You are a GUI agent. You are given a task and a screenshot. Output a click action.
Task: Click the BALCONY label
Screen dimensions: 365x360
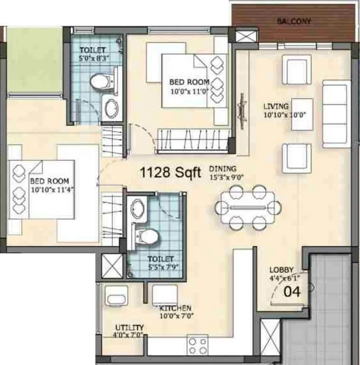[x=294, y=21]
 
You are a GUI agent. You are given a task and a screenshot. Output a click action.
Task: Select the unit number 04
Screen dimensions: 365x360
[x=292, y=292]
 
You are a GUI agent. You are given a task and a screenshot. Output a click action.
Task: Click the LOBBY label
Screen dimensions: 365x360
[x=282, y=269]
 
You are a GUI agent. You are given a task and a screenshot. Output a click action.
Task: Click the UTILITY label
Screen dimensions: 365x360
[x=129, y=328]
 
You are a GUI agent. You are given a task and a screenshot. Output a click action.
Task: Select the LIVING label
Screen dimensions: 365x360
[x=276, y=106]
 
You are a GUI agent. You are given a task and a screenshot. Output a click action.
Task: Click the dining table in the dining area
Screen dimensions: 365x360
[x=247, y=207]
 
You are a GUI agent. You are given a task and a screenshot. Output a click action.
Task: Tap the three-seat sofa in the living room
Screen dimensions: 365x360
[x=336, y=114]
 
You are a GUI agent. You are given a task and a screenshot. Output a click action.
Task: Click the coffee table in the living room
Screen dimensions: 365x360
[x=302, y=115]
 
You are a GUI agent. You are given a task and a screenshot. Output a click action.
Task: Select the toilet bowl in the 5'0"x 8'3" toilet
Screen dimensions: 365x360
[x=99, y=82]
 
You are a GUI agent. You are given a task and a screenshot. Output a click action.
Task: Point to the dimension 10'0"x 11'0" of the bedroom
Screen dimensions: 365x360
[x=189, y=89]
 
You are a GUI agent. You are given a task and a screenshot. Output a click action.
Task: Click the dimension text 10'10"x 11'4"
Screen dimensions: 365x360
[x=49, y=189]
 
